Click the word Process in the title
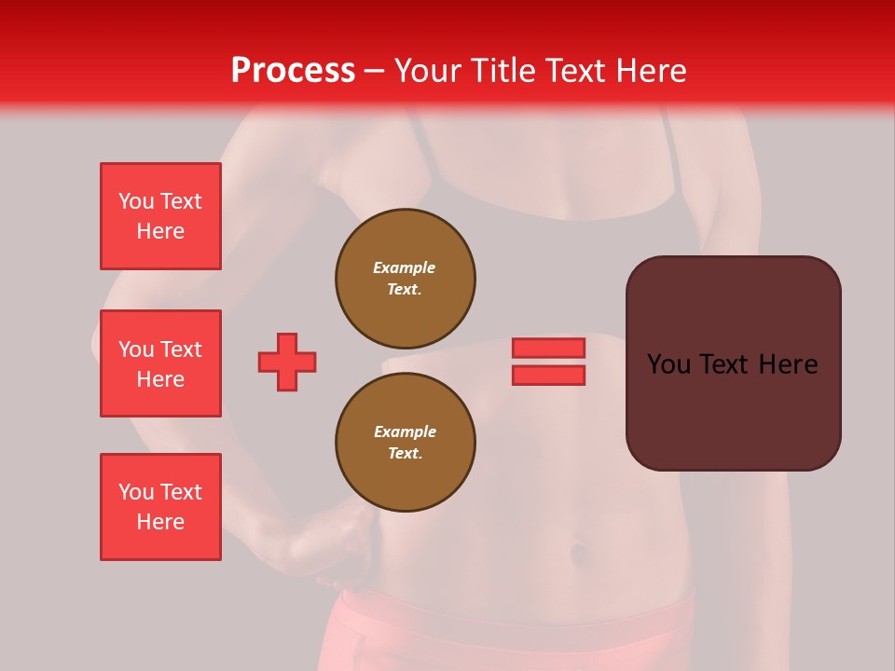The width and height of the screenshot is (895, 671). (293, 70)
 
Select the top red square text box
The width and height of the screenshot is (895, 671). (160, 216)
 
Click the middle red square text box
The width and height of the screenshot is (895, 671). (160, 363)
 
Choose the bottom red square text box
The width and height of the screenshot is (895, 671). (160, 507)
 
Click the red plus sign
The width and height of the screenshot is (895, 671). (287, 362)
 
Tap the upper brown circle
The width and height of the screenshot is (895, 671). (406, 279)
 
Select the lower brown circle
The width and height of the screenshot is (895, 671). (406, 443)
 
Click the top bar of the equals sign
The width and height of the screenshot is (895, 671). (548, 348)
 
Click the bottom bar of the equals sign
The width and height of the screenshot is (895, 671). (548, 375)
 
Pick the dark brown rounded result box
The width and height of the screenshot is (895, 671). (733, 410)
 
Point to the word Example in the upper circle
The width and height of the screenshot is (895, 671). (405, 267)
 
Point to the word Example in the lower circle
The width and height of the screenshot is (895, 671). (405, 431)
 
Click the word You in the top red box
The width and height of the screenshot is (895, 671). (136, 201)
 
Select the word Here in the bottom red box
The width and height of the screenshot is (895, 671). (160, 522)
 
